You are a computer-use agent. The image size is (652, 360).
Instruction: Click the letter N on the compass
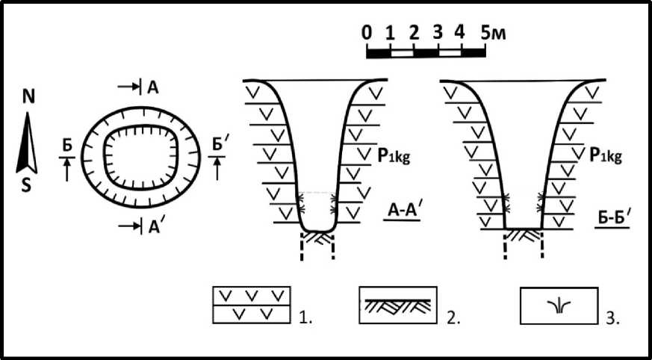point(28,97)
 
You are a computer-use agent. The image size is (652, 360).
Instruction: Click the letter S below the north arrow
point(27,185)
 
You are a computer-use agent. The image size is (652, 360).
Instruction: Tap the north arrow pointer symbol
point(27,143)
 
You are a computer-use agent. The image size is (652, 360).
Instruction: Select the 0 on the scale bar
point(367,32)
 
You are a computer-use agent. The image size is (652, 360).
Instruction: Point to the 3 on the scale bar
point(437,32)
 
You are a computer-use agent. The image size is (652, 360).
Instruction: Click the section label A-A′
point(402,211)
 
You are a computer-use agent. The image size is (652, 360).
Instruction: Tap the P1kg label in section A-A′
point(394,156)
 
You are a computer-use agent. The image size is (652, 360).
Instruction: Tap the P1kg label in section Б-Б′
point(606,155)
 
